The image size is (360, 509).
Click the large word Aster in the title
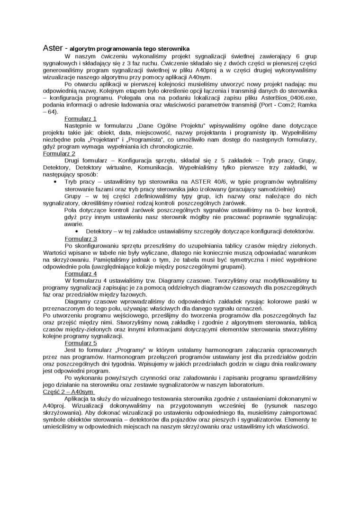pyautogui.click(x=53, y=48)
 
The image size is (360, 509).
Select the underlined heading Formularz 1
pyautogui.click(x=81, y=118)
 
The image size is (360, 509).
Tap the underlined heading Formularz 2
pyautogui.click(x=59, y=153)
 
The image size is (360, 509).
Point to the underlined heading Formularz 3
pyautogui.click(x=81, y=239)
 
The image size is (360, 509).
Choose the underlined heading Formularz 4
pyautogui.click(x=81, y=273)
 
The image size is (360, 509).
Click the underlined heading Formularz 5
pyautogui.click(x=81, y=342)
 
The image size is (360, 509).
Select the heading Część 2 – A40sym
pyautogui.click(x=68, y=392)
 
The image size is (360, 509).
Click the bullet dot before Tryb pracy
pyautogui.click(x=55, y=181)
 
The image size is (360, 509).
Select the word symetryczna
pyautogui.click(x=264, y=259)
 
